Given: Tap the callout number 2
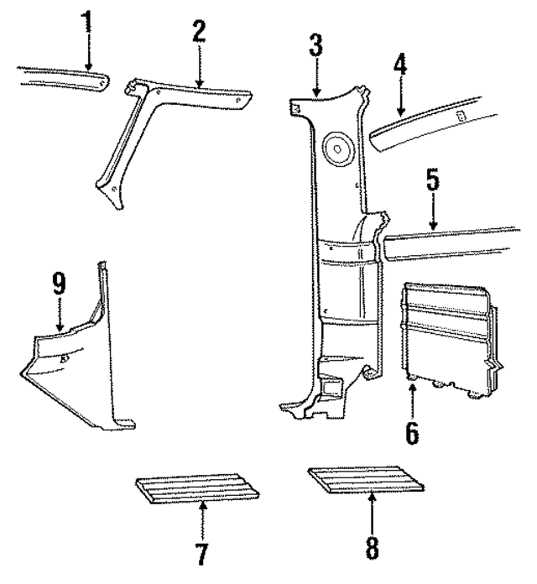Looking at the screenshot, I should [x=198, y=32].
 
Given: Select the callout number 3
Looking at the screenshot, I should [x=315, y=46].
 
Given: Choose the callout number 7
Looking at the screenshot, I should [x=201, y=554].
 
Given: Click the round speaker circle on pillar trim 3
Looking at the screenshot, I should [x=340, y=149].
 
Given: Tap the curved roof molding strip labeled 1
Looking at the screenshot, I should [x=59, y=77].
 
